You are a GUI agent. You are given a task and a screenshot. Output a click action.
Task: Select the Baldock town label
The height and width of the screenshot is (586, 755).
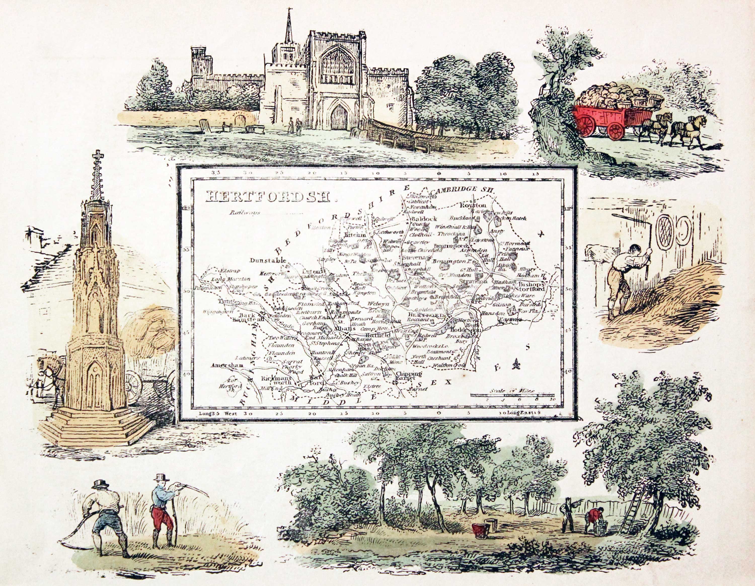[x=424, y=219]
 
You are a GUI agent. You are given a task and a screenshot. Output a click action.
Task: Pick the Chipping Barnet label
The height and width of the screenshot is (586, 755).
[x=409, y=376]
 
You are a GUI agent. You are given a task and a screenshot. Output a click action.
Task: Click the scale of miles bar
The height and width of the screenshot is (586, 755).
[x=512, y=395]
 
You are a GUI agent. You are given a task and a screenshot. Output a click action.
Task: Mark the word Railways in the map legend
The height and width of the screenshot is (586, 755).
[x=240, y=213]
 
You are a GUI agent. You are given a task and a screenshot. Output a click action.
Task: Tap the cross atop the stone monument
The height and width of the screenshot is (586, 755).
[x=98, y=156]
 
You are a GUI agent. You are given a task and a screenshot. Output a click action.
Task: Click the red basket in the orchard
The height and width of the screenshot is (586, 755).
[x=479, y=530]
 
